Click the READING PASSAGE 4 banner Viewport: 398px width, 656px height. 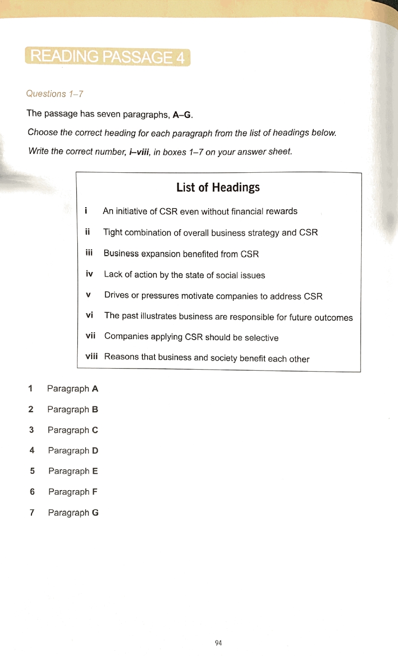107,57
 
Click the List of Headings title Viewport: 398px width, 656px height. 218,187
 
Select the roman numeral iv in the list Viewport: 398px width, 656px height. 90,274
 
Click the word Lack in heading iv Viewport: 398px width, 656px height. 113,274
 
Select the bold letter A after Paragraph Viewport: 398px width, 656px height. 95,389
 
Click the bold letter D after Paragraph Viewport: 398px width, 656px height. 95,451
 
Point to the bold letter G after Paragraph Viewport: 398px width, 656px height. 96,513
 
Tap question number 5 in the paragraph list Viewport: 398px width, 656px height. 32,471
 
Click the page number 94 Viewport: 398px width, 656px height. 218,643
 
